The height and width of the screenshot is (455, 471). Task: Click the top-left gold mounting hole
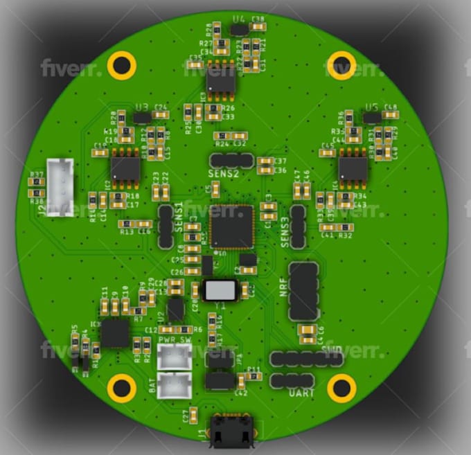click(122, 65)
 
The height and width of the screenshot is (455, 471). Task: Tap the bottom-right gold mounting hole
click(341, 388)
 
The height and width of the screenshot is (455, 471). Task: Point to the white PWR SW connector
click(175, 358)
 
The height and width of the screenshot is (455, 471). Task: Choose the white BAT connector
click(174, 386)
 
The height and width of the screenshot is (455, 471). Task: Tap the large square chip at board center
click(232, 226)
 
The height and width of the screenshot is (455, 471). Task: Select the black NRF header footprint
click(303, 291)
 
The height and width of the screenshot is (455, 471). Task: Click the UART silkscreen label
click(301, 393)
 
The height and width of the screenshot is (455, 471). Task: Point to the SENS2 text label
click(223, 173)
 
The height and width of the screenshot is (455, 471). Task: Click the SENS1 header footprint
click(166, 226)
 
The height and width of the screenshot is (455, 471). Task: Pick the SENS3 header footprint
click(298, 226)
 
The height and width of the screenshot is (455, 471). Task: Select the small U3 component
click(142, 118)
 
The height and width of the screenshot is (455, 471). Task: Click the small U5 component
click(372, 118)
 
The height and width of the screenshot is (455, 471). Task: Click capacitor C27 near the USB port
click(195, 416)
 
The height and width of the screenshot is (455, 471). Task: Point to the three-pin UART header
click(292, 380)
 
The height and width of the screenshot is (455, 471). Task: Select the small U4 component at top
click(240, 29)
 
